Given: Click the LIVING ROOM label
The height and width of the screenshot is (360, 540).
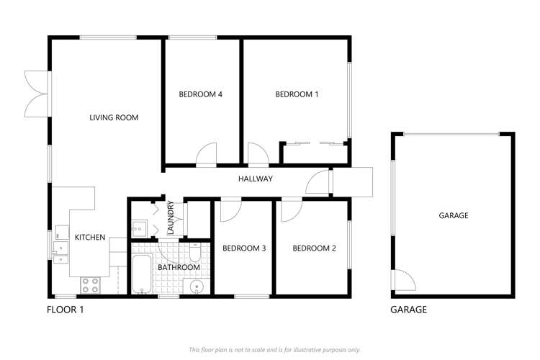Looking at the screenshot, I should pos(114,117).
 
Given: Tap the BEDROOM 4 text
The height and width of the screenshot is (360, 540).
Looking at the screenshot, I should pos(199,94).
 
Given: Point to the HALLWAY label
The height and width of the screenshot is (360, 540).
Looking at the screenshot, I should pos(255,179).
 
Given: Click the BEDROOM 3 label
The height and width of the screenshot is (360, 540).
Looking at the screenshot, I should pos(244,248).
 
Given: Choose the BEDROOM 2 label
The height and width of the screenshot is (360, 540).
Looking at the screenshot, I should pos(314,248).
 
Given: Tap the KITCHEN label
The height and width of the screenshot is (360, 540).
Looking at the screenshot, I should pos(90,237).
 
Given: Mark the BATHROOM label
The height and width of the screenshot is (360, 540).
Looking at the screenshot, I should pos(179,267).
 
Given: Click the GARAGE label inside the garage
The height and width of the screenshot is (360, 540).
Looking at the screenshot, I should pos(454,215).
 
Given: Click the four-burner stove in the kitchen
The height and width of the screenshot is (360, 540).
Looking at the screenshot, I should pos(90,284).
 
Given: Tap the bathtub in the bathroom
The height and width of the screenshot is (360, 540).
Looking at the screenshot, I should pos(142,274).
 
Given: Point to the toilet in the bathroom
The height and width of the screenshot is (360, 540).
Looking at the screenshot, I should pos(195,253).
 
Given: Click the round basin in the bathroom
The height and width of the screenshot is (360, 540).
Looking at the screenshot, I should pos(197,287).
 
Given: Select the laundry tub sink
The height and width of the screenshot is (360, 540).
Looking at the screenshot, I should pos(138,230).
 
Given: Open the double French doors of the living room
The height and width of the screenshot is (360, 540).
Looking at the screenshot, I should pos(36,93).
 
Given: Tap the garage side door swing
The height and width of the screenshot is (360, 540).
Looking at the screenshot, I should pos(404,281).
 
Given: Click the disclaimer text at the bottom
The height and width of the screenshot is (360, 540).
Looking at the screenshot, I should pos(274,349).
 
